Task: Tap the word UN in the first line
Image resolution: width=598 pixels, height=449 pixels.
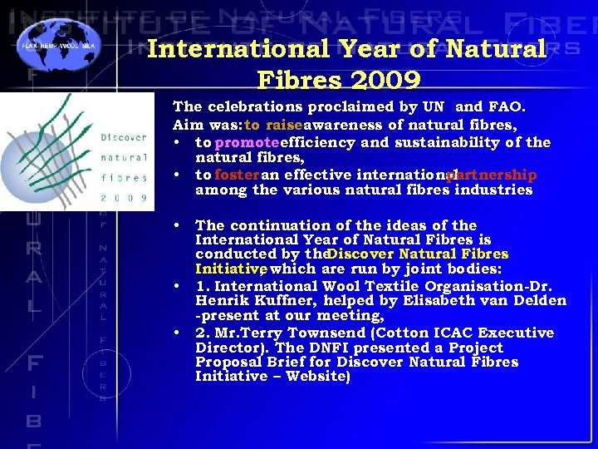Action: point(433,107)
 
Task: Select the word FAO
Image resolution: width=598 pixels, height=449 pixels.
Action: point(506,107)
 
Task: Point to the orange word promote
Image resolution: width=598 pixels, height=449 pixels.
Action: point(248,142)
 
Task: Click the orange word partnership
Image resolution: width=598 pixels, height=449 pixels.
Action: point(492,175)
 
